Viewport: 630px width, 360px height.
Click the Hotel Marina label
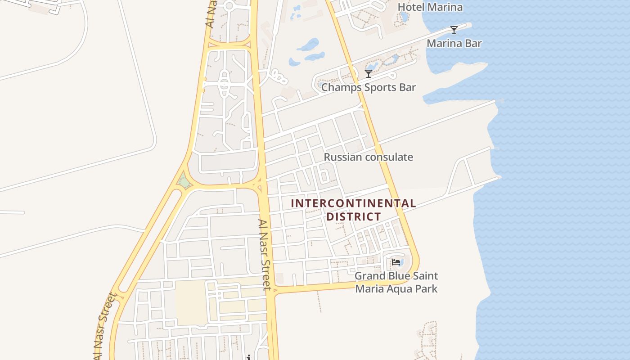(430, 7)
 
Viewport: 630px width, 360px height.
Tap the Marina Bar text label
(454, 44)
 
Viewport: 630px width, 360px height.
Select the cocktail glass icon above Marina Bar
(454, 30)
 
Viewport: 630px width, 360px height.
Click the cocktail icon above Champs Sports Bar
(369, 73)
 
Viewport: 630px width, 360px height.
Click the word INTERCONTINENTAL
(353, 203)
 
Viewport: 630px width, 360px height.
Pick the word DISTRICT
(353, 216)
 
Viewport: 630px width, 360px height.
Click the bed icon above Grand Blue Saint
(396, 262)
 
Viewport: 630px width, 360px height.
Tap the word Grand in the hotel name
(370, 276)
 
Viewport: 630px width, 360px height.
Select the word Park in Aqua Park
(427, 288)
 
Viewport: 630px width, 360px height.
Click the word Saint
(426, 276)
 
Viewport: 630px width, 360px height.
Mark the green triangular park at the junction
(184, 181)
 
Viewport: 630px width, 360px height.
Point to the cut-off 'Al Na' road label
(211, 13)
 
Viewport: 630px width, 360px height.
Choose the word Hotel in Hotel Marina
(411, 7)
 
